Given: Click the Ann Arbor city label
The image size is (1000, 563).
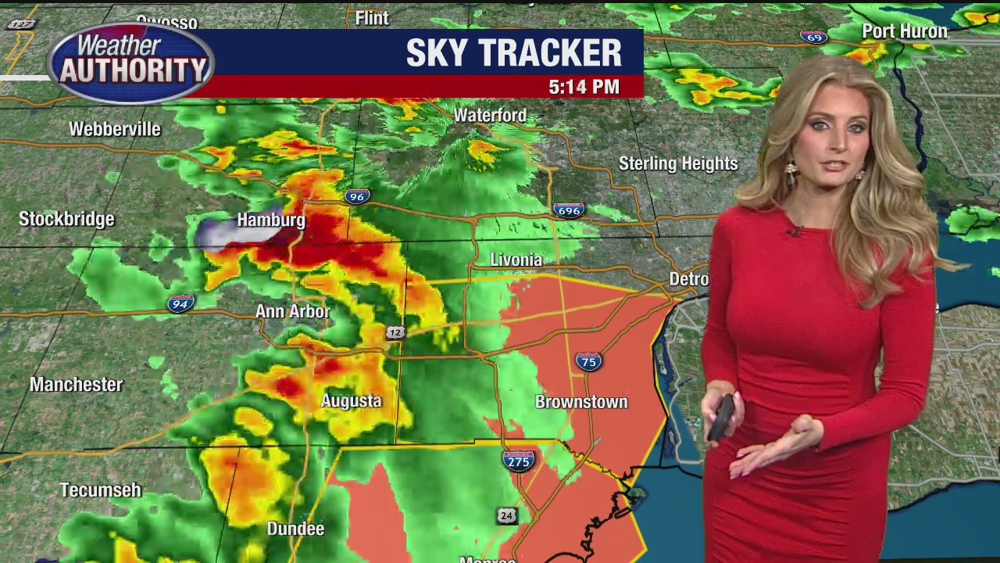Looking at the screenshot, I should pos(293,311).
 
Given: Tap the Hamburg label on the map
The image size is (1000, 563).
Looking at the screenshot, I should pos(271,220).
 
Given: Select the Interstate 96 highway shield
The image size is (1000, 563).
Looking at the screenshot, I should pos(357,196).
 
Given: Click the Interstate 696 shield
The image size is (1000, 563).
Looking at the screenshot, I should pos(568,210).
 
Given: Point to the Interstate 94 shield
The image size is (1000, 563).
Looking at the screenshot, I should pos(180,304).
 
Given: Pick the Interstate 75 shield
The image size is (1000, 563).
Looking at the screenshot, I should pos(588,360).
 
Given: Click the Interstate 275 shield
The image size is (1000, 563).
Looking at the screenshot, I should pos(519,461).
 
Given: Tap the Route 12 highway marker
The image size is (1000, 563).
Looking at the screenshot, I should pos(395,333).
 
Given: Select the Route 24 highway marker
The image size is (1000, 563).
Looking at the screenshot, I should pos(507,515).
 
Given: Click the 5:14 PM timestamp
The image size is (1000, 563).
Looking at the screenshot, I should pos(584,87).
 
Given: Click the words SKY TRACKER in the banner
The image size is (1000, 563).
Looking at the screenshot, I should pos(513,52).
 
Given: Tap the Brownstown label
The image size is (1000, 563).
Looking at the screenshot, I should pos(581,402).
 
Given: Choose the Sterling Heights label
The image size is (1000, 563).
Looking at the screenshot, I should pos(678,163).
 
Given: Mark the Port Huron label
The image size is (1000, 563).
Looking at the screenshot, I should pos(904,31).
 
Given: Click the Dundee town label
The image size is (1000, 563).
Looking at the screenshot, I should pos(295,529).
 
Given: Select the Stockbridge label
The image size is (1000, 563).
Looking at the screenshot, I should pos(66,219).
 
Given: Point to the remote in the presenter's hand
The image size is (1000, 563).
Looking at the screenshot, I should pos(722,415).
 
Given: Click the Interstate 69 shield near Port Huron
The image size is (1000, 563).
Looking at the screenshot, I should pos(814,37).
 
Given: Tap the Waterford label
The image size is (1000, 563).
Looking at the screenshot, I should pos(490,115).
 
